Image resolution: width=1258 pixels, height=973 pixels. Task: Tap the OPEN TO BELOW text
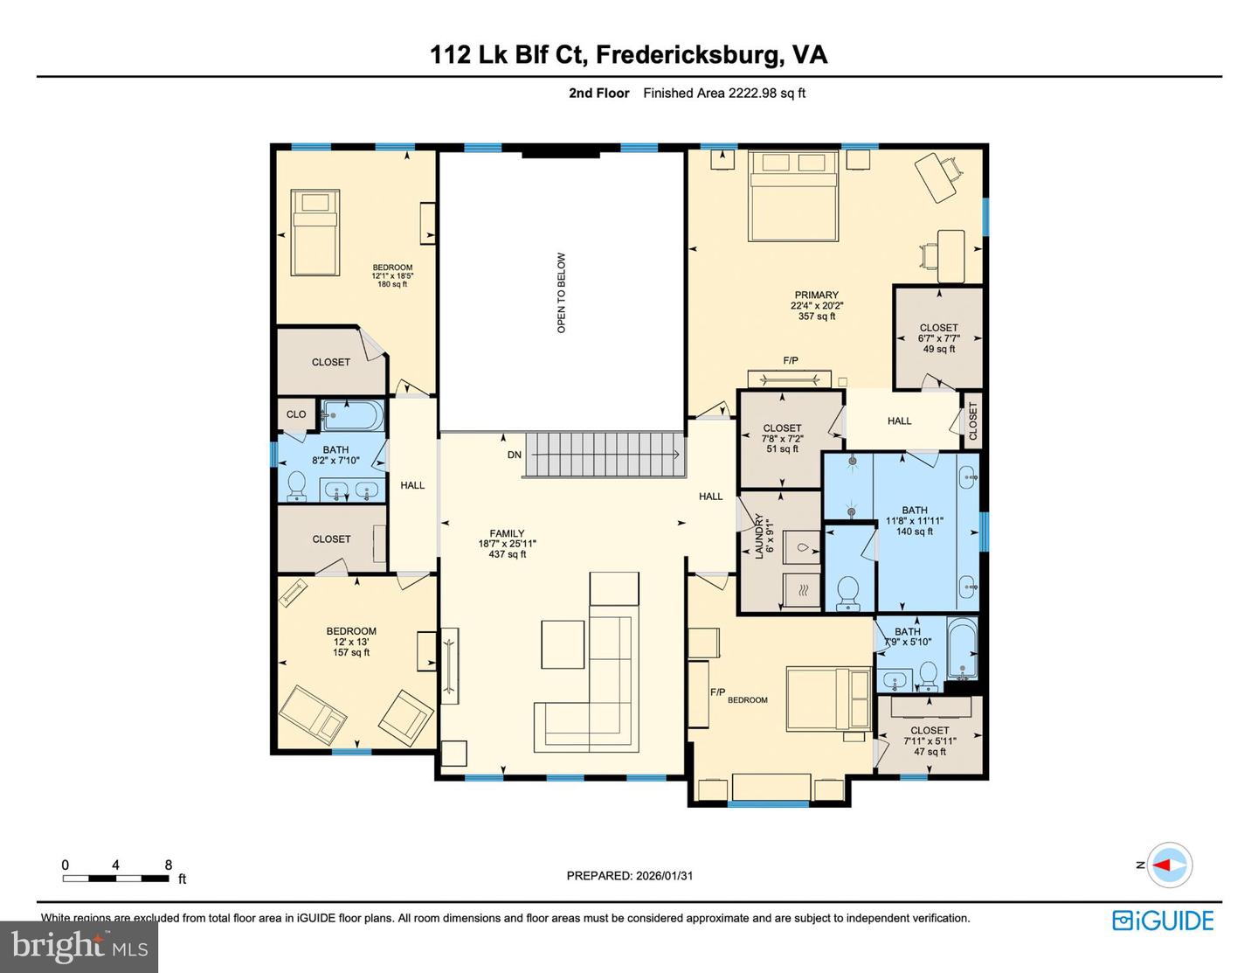562,293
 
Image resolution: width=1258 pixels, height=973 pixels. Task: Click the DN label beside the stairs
515,455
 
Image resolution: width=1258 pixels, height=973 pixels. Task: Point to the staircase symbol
603,455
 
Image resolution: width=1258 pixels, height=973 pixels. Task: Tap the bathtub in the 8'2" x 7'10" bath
352,415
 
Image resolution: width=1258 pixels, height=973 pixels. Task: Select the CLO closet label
296,414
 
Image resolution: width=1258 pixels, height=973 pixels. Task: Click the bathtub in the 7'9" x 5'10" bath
964,649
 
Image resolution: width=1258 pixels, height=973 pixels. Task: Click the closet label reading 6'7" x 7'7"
938,337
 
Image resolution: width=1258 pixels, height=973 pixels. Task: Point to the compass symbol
1168,865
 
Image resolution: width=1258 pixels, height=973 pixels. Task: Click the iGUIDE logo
1163,921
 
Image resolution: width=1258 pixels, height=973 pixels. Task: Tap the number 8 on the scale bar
169,865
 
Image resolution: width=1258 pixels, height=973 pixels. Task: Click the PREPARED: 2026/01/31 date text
629,875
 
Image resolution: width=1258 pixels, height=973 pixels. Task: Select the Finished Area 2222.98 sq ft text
724,93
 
